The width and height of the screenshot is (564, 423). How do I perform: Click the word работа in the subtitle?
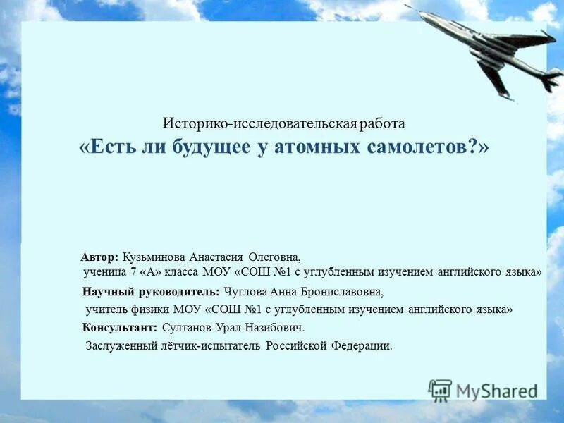pyautogui.click(x=381, y=123)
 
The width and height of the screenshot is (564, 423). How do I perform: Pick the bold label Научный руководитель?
pyautogui.click(x=151, y=291)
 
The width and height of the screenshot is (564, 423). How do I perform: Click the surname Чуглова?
pyautogui.click(x=245, y=291)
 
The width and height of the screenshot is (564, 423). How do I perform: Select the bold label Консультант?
pyautogui.click(x=119, y=328)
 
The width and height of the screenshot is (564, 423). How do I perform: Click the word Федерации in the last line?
pyautogui.click(x=361, y=346)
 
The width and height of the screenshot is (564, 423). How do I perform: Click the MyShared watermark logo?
pyautogui.click(x=482, y=390)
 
